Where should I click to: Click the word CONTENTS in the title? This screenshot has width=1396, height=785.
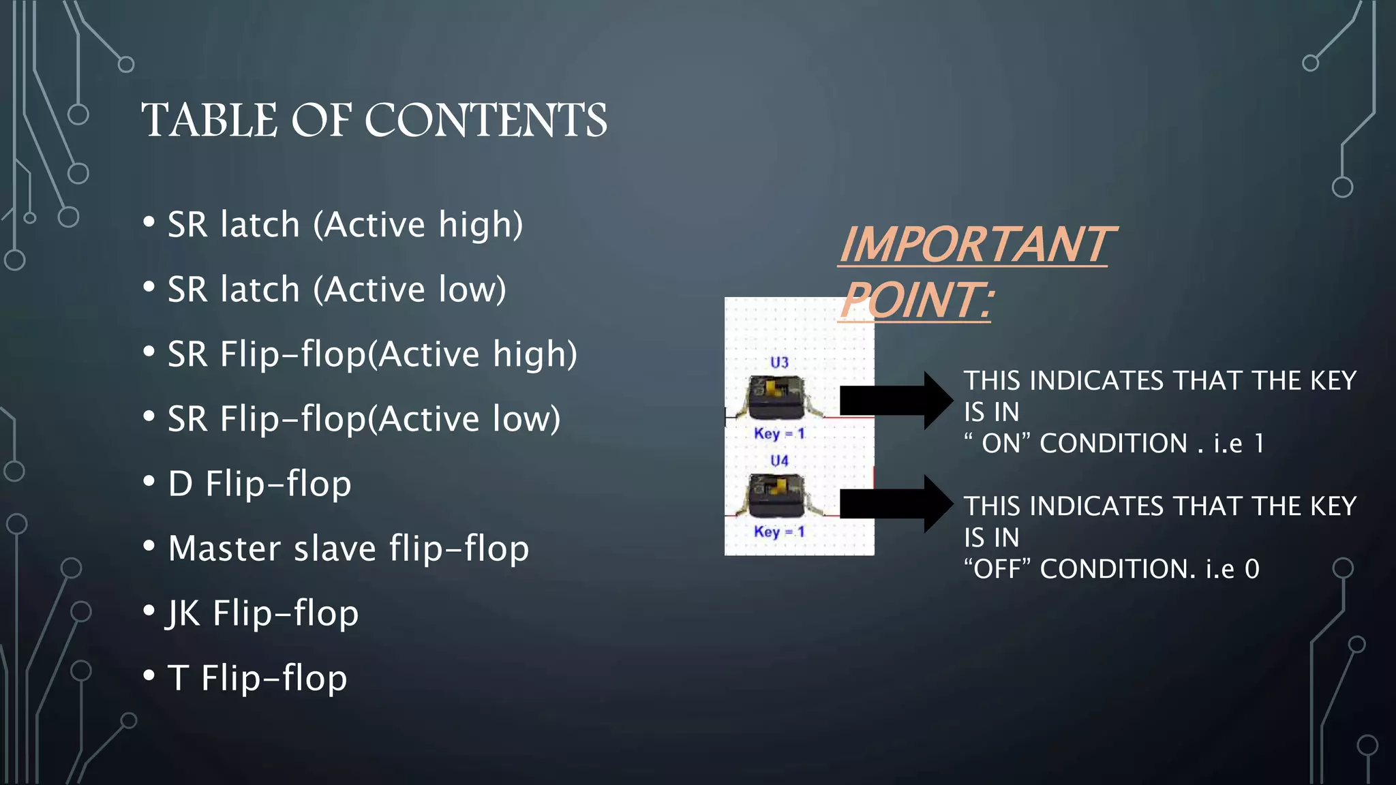click(x=485, y=120)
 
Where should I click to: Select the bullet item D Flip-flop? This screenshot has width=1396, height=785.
click(x=259, y=484)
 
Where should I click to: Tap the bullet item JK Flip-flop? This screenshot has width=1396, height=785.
click(x=262, y=613)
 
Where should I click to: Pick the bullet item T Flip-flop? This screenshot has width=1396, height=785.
click(x=257, y=678)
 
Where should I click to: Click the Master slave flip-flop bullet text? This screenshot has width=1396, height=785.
click(x=348, y=549)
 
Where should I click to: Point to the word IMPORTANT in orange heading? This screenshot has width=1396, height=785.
click(x=976, y=245)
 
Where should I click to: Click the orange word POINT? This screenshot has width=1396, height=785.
click(x=917, y=301)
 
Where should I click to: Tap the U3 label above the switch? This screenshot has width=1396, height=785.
click(x=779, y=363)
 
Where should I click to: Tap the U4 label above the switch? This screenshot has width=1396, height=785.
click(x=779, y=461)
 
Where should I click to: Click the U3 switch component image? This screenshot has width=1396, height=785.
click(x=777, y=398)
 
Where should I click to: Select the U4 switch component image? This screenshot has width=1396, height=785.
click(x=777, y=496)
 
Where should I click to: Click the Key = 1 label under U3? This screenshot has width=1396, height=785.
click(x=779, y=433)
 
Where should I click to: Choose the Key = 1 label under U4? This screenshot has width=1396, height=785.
click(x=779, y=532)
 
